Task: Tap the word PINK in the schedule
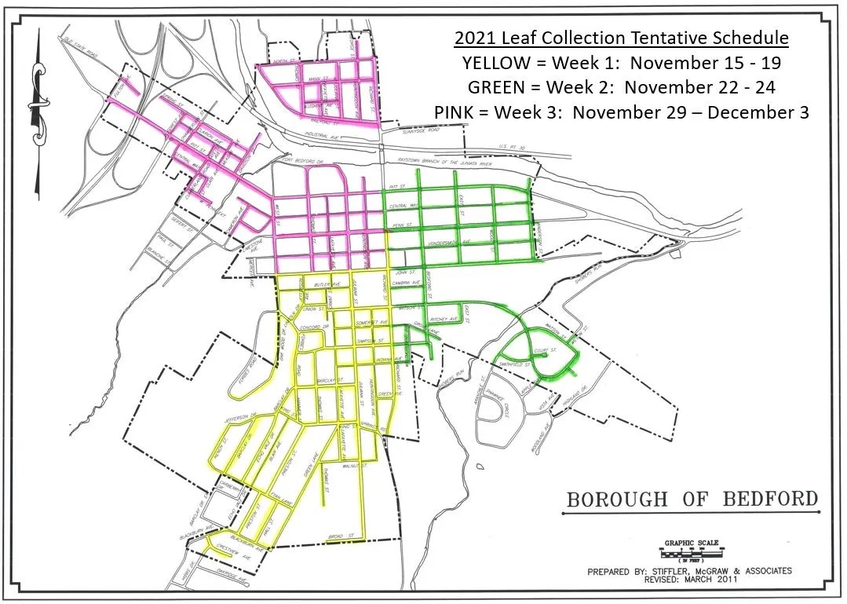point(456,112)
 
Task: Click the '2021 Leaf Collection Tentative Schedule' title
point(621,38)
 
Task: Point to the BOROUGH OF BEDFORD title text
point(692,500)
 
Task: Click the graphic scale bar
point(691,553)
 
